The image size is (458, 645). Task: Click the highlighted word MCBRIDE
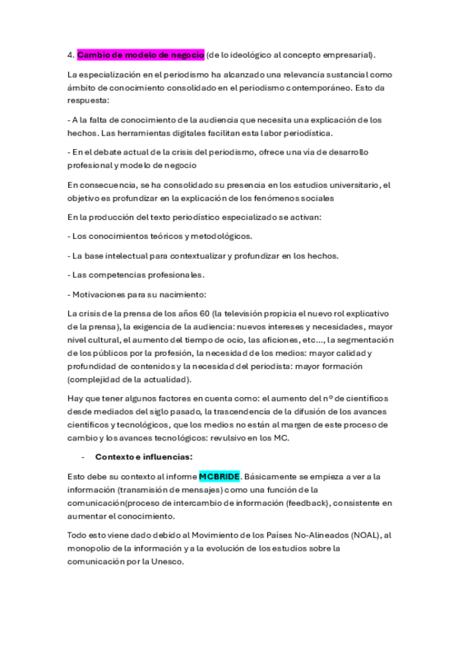coord(219,476)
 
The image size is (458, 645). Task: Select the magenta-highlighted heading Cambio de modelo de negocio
coord(141,55)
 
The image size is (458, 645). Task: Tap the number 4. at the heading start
coord(70,55)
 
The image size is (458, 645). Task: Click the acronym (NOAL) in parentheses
coord(363,535)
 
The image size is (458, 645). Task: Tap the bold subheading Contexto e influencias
coord(144,456)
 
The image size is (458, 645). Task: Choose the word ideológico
coord(245,55)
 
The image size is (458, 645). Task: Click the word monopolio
coord(93,548)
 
